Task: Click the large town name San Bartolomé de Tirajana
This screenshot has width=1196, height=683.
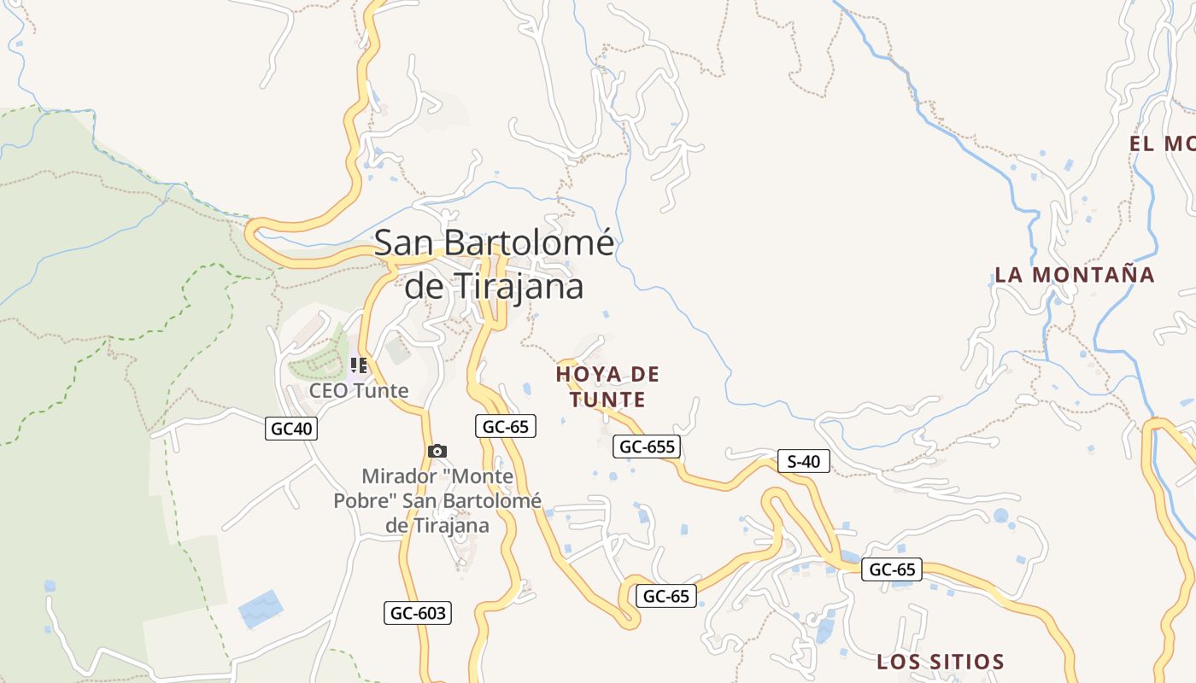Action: tap(494, 264)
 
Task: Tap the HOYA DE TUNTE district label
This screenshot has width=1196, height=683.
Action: tap(607, 387)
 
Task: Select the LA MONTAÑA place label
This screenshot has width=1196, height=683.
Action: tap(1074, 275)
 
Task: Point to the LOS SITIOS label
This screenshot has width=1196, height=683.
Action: tap(940, 662)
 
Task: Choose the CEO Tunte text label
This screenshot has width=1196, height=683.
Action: tap(359, 391)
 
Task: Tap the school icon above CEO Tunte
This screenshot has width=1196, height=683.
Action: tap(359, 366)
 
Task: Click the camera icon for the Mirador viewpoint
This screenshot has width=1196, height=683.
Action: tap(437, 451)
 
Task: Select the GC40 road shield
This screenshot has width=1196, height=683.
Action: tap(290, 429)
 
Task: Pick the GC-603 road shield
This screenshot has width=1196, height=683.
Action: tap(417, 612)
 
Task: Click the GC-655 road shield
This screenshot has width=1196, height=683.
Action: tap(647, 446)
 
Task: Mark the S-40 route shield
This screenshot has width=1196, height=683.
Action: tap(803, 462)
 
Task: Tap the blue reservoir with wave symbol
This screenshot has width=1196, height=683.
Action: tap(261, 608)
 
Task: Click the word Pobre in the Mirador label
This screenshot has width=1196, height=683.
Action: tap(365, 500)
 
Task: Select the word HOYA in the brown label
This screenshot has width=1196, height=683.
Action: tap(587, 374)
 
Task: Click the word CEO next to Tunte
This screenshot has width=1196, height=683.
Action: tap(326, 391)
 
